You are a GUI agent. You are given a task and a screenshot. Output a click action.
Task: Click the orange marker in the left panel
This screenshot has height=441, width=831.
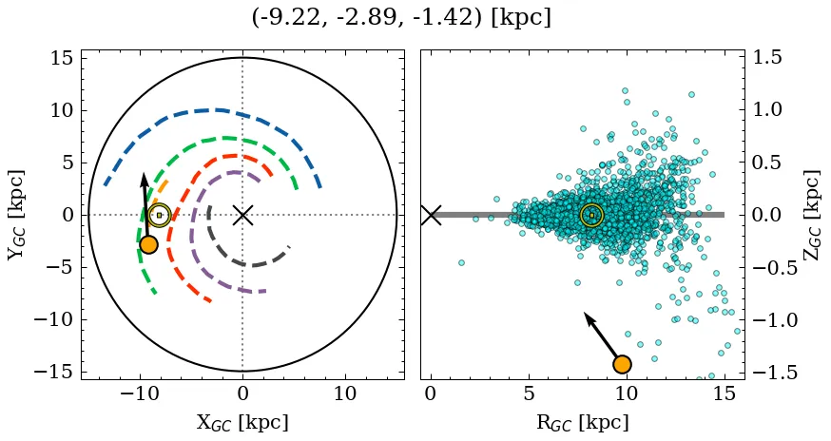coord(147,244)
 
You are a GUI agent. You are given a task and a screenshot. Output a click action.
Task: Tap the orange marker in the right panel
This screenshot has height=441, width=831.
coord(622,364)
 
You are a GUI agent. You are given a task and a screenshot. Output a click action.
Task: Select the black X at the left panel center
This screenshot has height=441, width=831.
coord(242,215)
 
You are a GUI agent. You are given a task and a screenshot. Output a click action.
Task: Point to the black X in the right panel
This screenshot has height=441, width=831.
coord(431,215)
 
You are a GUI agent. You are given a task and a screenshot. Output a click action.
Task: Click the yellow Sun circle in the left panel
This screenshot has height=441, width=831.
coord(159,215)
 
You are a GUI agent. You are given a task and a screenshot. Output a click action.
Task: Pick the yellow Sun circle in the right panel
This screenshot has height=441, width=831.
coord(591,215)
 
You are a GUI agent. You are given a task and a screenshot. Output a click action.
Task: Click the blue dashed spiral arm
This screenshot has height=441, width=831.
coord(219,110)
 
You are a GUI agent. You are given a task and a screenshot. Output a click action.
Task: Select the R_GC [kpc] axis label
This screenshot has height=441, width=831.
coord(582,423)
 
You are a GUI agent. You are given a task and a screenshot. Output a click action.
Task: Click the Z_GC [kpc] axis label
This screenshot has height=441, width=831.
coord(812,215)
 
